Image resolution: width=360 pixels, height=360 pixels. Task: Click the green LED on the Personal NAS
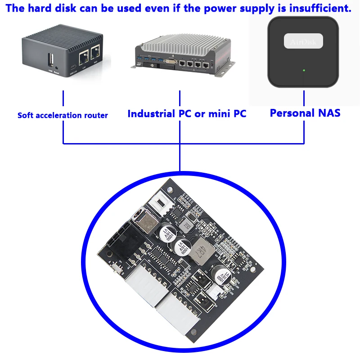(304, 70)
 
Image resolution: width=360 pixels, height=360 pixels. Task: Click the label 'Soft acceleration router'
(63, 115)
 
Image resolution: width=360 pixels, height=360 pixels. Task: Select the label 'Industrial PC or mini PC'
(187, 113)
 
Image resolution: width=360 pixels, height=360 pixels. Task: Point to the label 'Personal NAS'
(305, 113)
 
